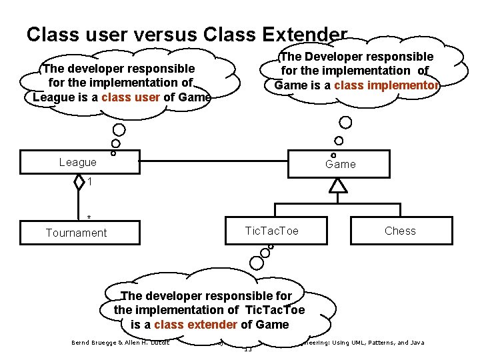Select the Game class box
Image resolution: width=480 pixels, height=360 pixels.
point(340,164)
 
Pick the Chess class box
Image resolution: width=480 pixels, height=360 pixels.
point(399,231)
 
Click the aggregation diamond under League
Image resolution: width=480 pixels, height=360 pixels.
point(79,182)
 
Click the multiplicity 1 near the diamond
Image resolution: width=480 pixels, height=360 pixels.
point(89,182)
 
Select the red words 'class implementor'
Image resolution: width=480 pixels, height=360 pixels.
point(386,85)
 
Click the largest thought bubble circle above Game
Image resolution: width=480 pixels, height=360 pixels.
point(345,123)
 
